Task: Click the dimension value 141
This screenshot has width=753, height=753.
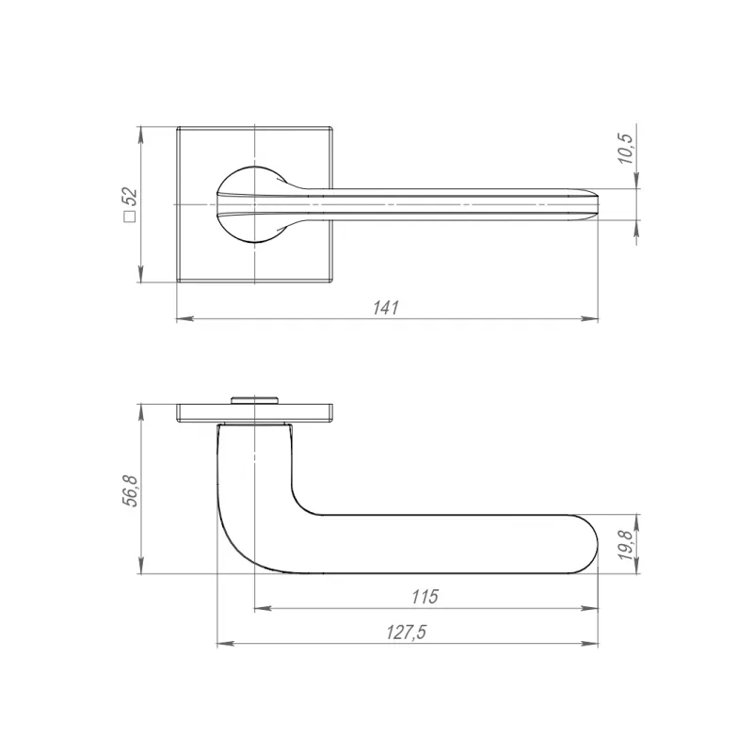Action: coord(386,308)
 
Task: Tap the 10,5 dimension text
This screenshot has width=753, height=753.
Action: coord(626,149)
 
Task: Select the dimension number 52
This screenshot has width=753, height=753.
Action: coord(130,197)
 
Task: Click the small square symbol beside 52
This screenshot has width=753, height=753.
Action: coord(130,216)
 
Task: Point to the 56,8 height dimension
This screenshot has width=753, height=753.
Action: coord(130,490)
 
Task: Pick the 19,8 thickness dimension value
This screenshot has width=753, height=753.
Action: coord(626,545)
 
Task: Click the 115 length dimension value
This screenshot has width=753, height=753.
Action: coord(425,597)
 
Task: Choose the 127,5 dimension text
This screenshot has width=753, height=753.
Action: coord(407,633)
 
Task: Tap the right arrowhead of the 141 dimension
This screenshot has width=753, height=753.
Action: coord(590,318)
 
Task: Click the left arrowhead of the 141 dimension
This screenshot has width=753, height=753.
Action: coord(184,318)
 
